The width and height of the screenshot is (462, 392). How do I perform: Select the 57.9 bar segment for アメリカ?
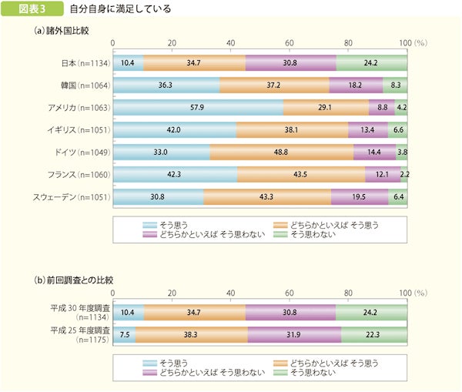[x=198, y=108]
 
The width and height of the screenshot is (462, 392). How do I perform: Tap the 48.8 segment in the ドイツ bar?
[x=281, y=152]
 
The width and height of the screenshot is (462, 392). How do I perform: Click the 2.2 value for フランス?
[x=404, y=175]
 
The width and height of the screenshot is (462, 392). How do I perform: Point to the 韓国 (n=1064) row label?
[x=85, y=85]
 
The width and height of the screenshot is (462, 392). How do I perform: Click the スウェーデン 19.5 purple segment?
[x=359, y=197]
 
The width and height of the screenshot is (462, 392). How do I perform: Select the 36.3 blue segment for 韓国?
[x=166, y=85]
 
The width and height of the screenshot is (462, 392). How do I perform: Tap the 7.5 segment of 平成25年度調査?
[x=124, y=333]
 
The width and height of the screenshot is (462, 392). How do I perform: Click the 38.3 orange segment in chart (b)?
[x=191, y=333]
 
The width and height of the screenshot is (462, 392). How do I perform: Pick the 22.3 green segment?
[x=374, y=333]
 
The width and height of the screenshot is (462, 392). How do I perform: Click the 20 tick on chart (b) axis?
[x=172, y=293]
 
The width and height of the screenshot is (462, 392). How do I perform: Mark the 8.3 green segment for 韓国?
[x=395, y=85]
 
